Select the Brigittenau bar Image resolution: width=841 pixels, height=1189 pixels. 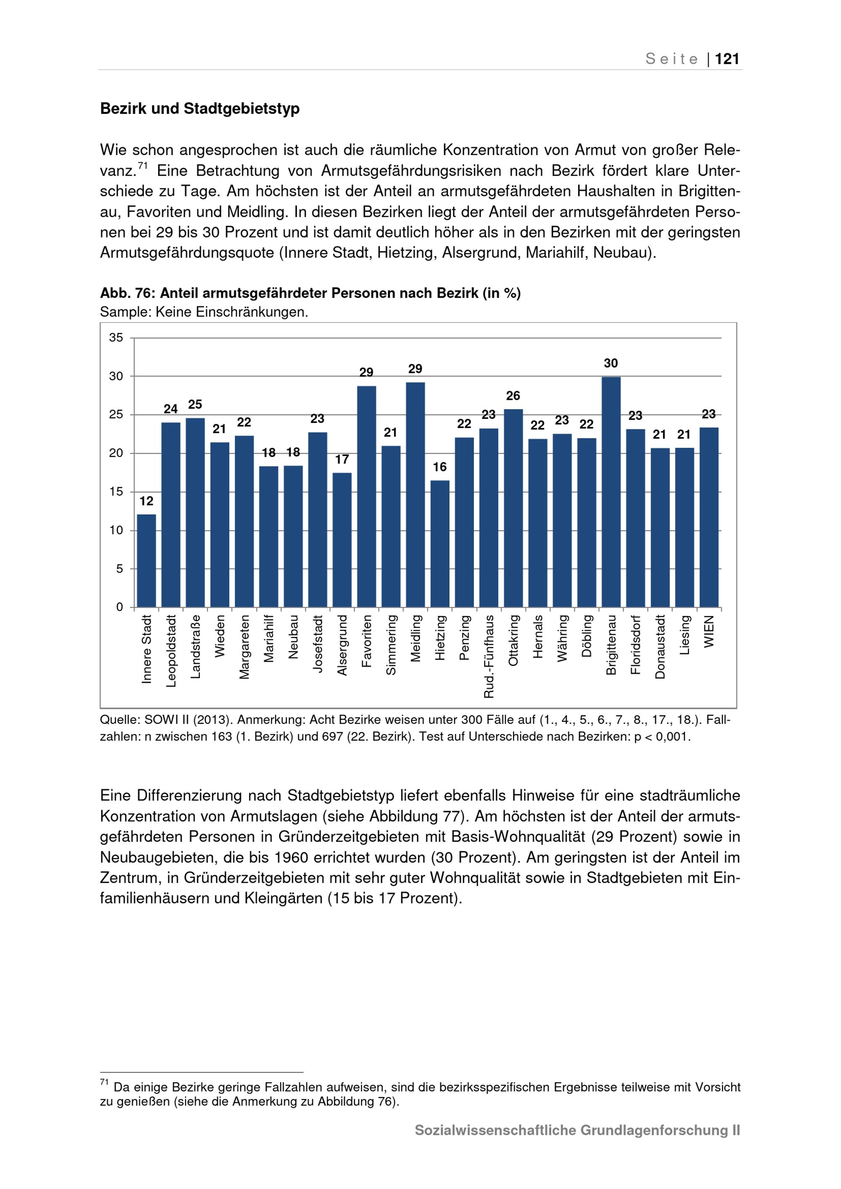611,492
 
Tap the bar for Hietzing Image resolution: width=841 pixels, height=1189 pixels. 440,544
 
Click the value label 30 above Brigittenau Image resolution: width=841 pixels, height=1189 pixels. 611,364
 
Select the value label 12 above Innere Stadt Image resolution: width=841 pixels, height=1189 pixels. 147,501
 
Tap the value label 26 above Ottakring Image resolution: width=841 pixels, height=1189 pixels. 513,396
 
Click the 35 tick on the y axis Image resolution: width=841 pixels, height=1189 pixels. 116,338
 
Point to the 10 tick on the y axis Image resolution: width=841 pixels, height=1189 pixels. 116,530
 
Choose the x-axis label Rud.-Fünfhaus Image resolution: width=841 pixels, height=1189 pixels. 489,656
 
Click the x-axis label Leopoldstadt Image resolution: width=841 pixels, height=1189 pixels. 172,651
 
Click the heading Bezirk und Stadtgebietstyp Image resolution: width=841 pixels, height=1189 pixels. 200,109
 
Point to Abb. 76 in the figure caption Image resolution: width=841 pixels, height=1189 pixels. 126,293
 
